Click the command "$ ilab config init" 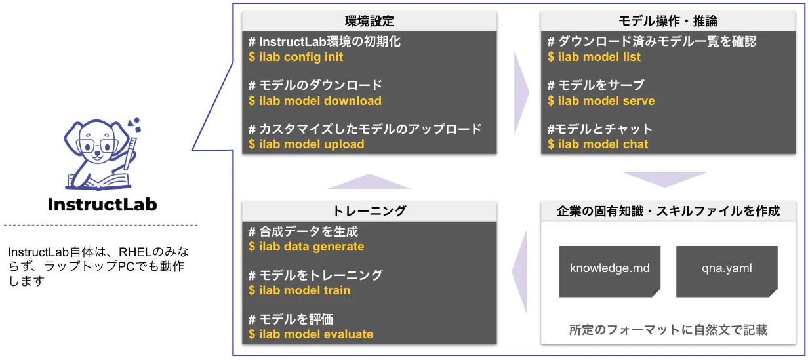pos(296,57)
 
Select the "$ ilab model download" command pos(315,100)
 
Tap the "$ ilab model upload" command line pos(306,144)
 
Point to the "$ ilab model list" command pos(594,57)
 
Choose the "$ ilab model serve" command pos(601,100)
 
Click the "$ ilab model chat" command pos(597,144)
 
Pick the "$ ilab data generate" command pos(306,247)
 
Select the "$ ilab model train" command pos(299,290)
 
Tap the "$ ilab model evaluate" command pos(311,334)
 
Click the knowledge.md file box pos(610,271)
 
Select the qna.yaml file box pos(727,271)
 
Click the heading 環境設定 pos(369,21)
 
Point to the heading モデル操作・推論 pos(668,21)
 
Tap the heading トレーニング pos(369,211)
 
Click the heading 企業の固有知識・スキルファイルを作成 pos(668,211)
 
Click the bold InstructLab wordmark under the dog pos(102,205)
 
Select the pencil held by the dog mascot pos(131,153)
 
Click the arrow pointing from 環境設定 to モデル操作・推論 pos(521,92)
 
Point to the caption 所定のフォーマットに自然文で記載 pos(668,330)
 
